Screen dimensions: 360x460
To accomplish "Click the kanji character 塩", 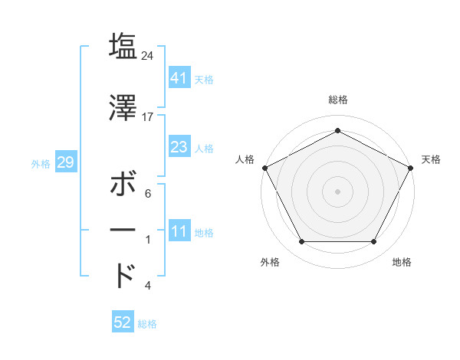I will click(123, 46).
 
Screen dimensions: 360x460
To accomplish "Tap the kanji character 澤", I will click(123, 108).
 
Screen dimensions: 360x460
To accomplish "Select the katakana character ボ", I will click(123, 185).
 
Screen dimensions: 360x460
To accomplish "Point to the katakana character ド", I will click(123, 275).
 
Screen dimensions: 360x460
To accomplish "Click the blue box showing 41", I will click(179, 78).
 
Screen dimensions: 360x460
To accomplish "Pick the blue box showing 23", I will click(179, 147).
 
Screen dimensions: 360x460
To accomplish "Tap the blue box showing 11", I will click(179, 231).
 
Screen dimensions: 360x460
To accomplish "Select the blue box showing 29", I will click(65, 162).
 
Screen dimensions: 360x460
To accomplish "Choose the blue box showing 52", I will click(123, 322).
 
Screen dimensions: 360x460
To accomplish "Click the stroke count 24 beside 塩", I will click(148, 55).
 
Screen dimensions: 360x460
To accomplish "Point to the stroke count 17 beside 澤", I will click(148, 117).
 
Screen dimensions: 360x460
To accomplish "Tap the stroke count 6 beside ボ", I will click(148, 194).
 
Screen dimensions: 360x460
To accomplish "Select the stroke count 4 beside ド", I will click(148, 286).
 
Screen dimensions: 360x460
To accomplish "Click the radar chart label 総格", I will click(337, 100).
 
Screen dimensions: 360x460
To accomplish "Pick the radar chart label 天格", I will click(431, 159).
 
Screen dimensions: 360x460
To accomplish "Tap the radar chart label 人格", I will click(245, 159).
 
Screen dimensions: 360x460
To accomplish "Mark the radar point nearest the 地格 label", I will click(373, 242).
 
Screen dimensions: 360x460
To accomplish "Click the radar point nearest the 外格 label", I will click(301, 242).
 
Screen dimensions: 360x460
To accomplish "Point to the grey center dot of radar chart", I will click(337, 191).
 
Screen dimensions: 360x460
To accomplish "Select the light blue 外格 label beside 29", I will click(41, 163).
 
